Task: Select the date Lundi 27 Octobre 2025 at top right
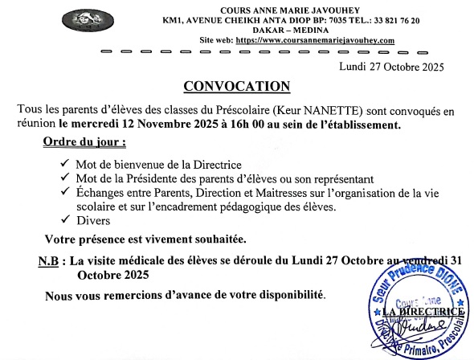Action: point(391,67)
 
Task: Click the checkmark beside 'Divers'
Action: point(63,219)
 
